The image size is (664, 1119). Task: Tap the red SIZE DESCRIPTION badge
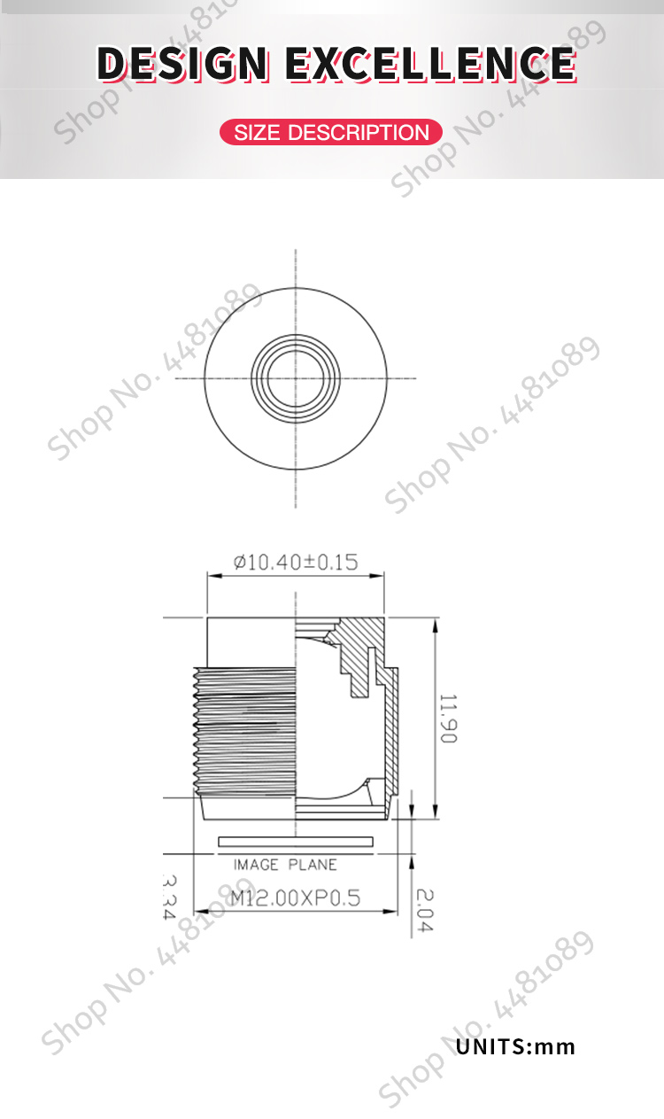click(x=331, y=133)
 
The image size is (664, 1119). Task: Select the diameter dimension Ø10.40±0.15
click(x=296, y=562)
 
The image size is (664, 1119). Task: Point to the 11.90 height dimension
click(x=448, y=719)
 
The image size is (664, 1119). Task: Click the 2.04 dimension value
click(x=424, y=909)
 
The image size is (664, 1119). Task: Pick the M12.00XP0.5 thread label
click(x=296, y=898)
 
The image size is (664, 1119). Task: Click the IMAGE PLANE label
click(x=285, y=865)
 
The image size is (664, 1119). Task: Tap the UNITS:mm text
click(x=515, y=1046)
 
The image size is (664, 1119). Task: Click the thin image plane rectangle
click(x=296, y=840)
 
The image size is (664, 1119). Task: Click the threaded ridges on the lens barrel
click(x=243, y=727)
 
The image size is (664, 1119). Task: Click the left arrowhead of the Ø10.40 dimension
click(x=212, y=576)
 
